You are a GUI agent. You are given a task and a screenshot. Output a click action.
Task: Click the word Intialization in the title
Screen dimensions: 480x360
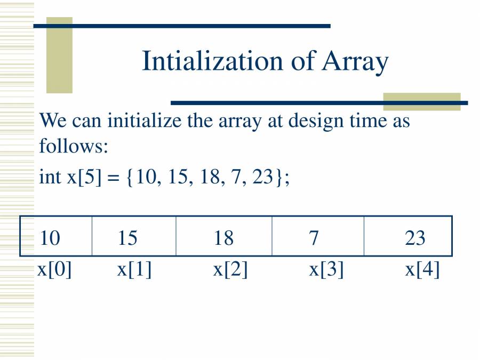[212, 61]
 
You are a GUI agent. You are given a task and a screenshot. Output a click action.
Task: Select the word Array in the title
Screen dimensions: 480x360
[355, 62]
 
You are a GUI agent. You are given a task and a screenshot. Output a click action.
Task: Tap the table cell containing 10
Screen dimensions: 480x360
[56, 236]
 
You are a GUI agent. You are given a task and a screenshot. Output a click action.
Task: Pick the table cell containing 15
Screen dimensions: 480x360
[134, 236]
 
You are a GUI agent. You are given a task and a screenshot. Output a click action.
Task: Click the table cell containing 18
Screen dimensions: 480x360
[224, 236]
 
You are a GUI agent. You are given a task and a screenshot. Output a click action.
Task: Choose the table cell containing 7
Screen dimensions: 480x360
[318, 236]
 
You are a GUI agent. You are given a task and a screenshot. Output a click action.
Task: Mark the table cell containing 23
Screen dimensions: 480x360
[408, 236]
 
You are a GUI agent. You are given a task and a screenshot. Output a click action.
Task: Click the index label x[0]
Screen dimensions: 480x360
[54, 269]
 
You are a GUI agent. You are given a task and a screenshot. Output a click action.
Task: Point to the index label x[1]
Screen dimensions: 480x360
[134, 269]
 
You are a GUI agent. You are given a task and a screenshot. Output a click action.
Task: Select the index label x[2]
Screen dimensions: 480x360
[230, 269]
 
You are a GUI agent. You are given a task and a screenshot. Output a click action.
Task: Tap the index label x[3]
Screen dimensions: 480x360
[326, 269]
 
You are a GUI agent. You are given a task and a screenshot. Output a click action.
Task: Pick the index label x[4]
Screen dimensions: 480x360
[422, 269]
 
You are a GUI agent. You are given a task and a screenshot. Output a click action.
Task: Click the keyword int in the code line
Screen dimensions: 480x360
[50, 177]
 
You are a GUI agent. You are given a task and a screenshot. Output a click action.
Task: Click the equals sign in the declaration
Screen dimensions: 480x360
[113, 178]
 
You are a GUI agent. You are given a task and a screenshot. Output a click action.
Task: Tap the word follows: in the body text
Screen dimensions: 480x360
[74, 146]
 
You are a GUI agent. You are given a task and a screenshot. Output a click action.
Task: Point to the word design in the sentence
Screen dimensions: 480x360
[316, 122]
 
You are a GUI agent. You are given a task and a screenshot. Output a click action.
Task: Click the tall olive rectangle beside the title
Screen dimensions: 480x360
[59, 55]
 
